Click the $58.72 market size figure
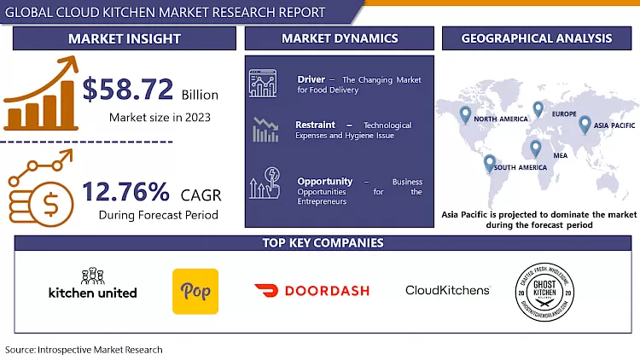pos(128,90)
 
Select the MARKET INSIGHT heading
pos(125,38)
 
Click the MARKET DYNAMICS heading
pos(340,38)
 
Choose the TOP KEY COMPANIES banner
pos(322,243)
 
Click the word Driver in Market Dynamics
pos(311,79)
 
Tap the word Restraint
pos(315,125)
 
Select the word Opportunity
pos(325,182)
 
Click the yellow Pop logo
pos(195,291)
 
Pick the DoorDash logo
pos(311,291)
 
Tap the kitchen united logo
pos(92,287)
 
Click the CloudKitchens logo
pos(447,291)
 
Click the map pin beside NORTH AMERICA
pos(465,113)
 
